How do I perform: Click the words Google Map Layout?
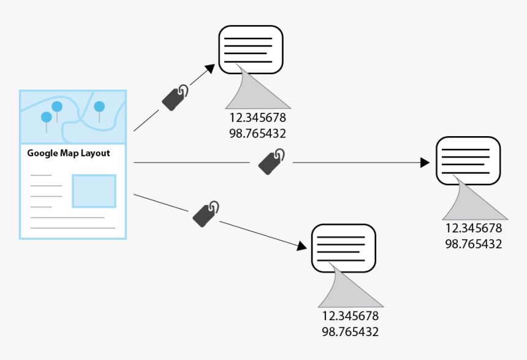coord(69,153)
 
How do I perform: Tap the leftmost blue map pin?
coord(46,117)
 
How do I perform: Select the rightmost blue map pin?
coord(99,107)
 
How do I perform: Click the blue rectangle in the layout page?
coord(94,191)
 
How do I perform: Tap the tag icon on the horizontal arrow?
coord(271,161)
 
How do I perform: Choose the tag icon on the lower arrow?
coord(206,213)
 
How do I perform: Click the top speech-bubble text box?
coord(251,50)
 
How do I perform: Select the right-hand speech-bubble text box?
coord(468,161)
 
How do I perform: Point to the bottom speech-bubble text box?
coord(344,248)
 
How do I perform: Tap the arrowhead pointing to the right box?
coord(424,163)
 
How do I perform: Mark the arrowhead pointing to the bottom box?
coord(301,245)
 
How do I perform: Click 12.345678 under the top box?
coord(257,118)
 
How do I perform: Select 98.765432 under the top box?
coord(257,133)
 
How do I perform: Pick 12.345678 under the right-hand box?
coord(473,228)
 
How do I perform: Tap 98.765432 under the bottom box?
coord(350,332)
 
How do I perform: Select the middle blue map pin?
coord(57,107)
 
